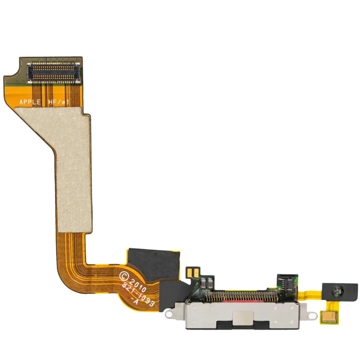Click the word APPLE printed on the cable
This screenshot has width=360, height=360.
pos(30,102)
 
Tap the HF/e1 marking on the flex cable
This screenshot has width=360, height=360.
pos(59,102)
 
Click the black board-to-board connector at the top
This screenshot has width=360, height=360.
pos(54,72)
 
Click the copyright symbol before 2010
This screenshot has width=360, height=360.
pos(124,276)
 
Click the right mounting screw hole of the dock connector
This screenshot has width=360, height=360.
pos(312,316)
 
